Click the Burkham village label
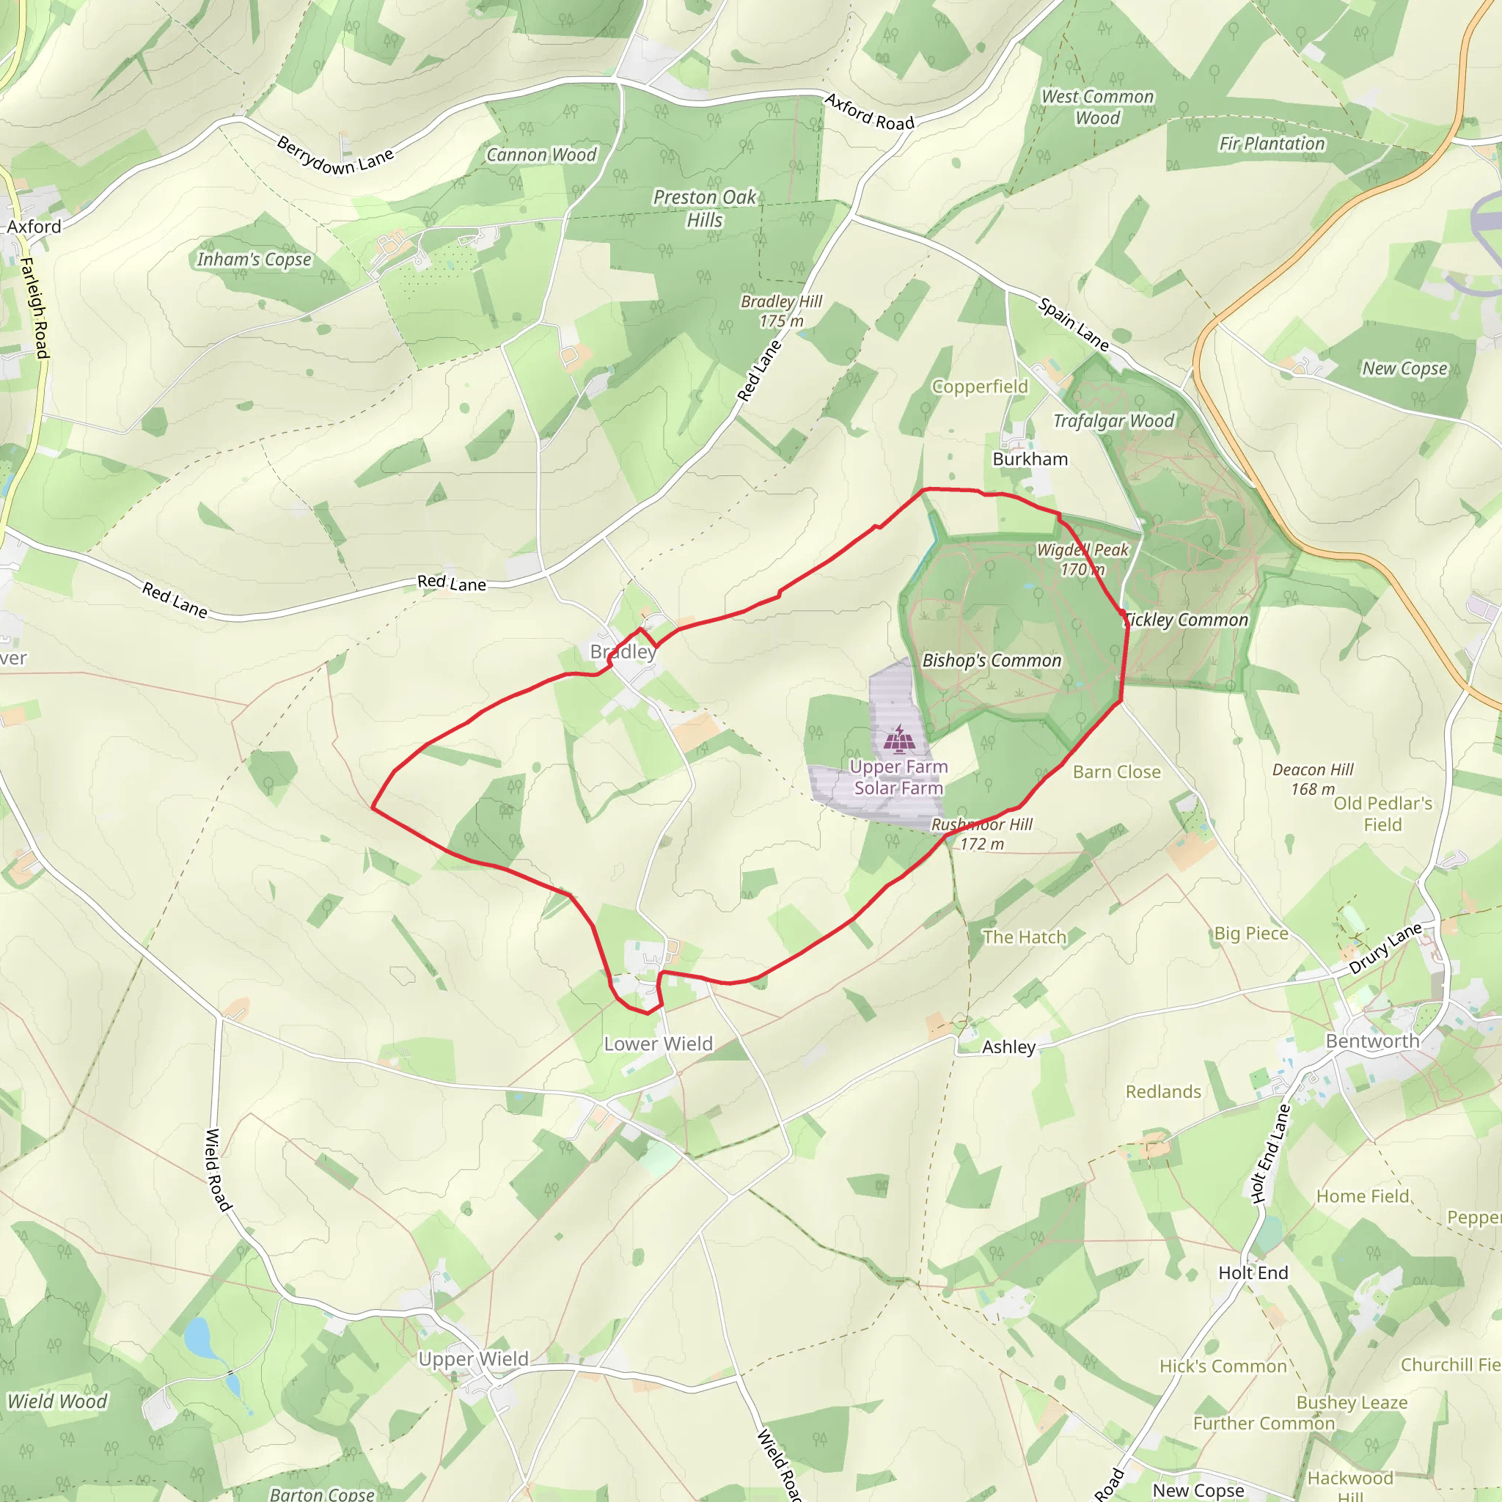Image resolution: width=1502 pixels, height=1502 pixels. [x=1030, y=459]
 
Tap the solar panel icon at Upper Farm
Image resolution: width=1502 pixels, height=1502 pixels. [x=899, y=739]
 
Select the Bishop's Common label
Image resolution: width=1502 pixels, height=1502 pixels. [x=992, y=661]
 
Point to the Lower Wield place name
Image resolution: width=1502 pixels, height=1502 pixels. [x=658, y=1044]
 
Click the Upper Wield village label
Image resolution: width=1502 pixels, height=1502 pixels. [x=474, y=1359]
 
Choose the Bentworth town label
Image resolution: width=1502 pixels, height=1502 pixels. [x=1372, y=1041]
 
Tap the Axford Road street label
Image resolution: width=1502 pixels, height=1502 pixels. [x=869, y=112]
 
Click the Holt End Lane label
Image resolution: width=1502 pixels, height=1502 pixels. [x=1270, y=1154]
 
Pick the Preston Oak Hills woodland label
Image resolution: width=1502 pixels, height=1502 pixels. [x=704, y=208]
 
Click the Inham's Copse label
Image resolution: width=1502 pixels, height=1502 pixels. [x=254, y=260]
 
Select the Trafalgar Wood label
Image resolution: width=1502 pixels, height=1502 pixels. [x=1113, y=422]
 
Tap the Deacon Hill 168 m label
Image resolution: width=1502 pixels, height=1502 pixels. [x=1313, y=779]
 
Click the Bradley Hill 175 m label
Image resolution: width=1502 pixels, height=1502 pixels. [x=781, y=311]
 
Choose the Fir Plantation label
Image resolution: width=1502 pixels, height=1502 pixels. [x=1271, y=144]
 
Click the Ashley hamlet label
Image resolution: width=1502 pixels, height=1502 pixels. [x=1008, y=1047]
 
